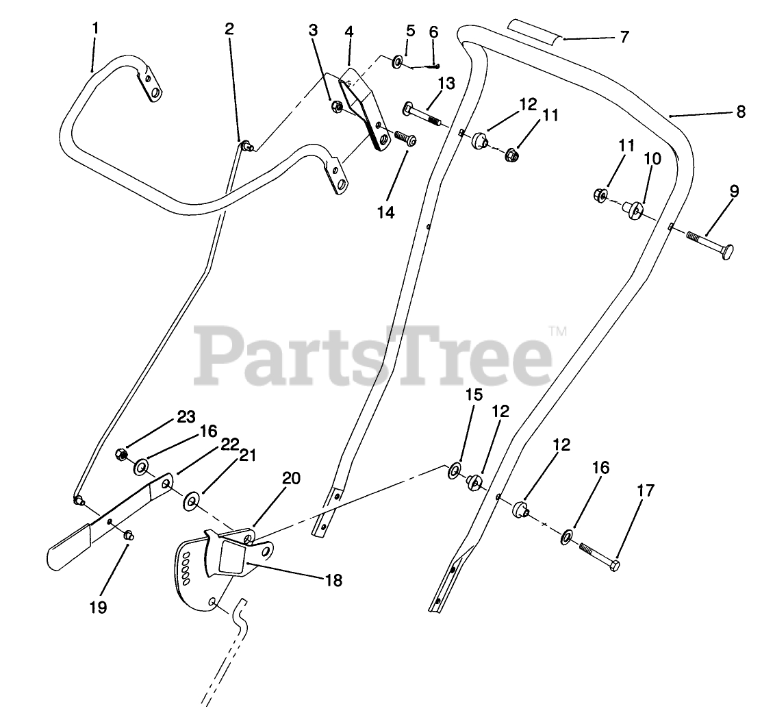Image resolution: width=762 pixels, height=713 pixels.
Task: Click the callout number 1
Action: [95, 29]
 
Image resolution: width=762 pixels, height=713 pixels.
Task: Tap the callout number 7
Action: [624, 37]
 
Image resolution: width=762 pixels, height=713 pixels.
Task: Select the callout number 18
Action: [334, 580]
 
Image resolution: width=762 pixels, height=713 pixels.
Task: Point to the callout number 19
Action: [98, 607]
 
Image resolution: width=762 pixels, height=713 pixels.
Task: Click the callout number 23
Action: [186, 417]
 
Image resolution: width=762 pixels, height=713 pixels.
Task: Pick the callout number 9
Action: [733, 191]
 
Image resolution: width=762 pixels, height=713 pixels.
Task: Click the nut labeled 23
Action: [120, 453]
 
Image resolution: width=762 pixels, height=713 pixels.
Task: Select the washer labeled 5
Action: [397, 63]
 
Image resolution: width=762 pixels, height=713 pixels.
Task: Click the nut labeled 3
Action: [337, 108]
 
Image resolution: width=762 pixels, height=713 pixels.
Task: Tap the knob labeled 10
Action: [633, 208]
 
